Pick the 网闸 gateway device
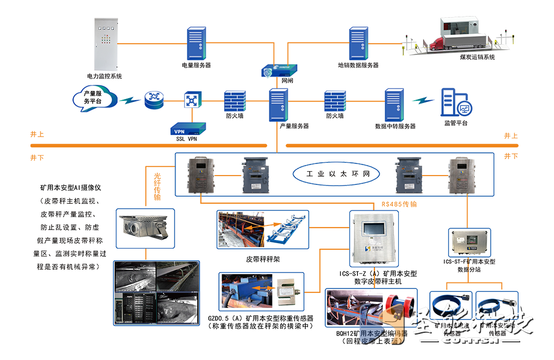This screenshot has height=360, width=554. [x=279, y=70]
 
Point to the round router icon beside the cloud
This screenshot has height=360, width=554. [x=154, y=100]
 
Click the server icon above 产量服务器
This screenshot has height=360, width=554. [x=278, y=105]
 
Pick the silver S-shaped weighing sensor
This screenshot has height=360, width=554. [x=289, y=290]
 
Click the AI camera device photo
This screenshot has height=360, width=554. [x=145, y=228]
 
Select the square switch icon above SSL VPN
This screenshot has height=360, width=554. [x=192, y=100]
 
